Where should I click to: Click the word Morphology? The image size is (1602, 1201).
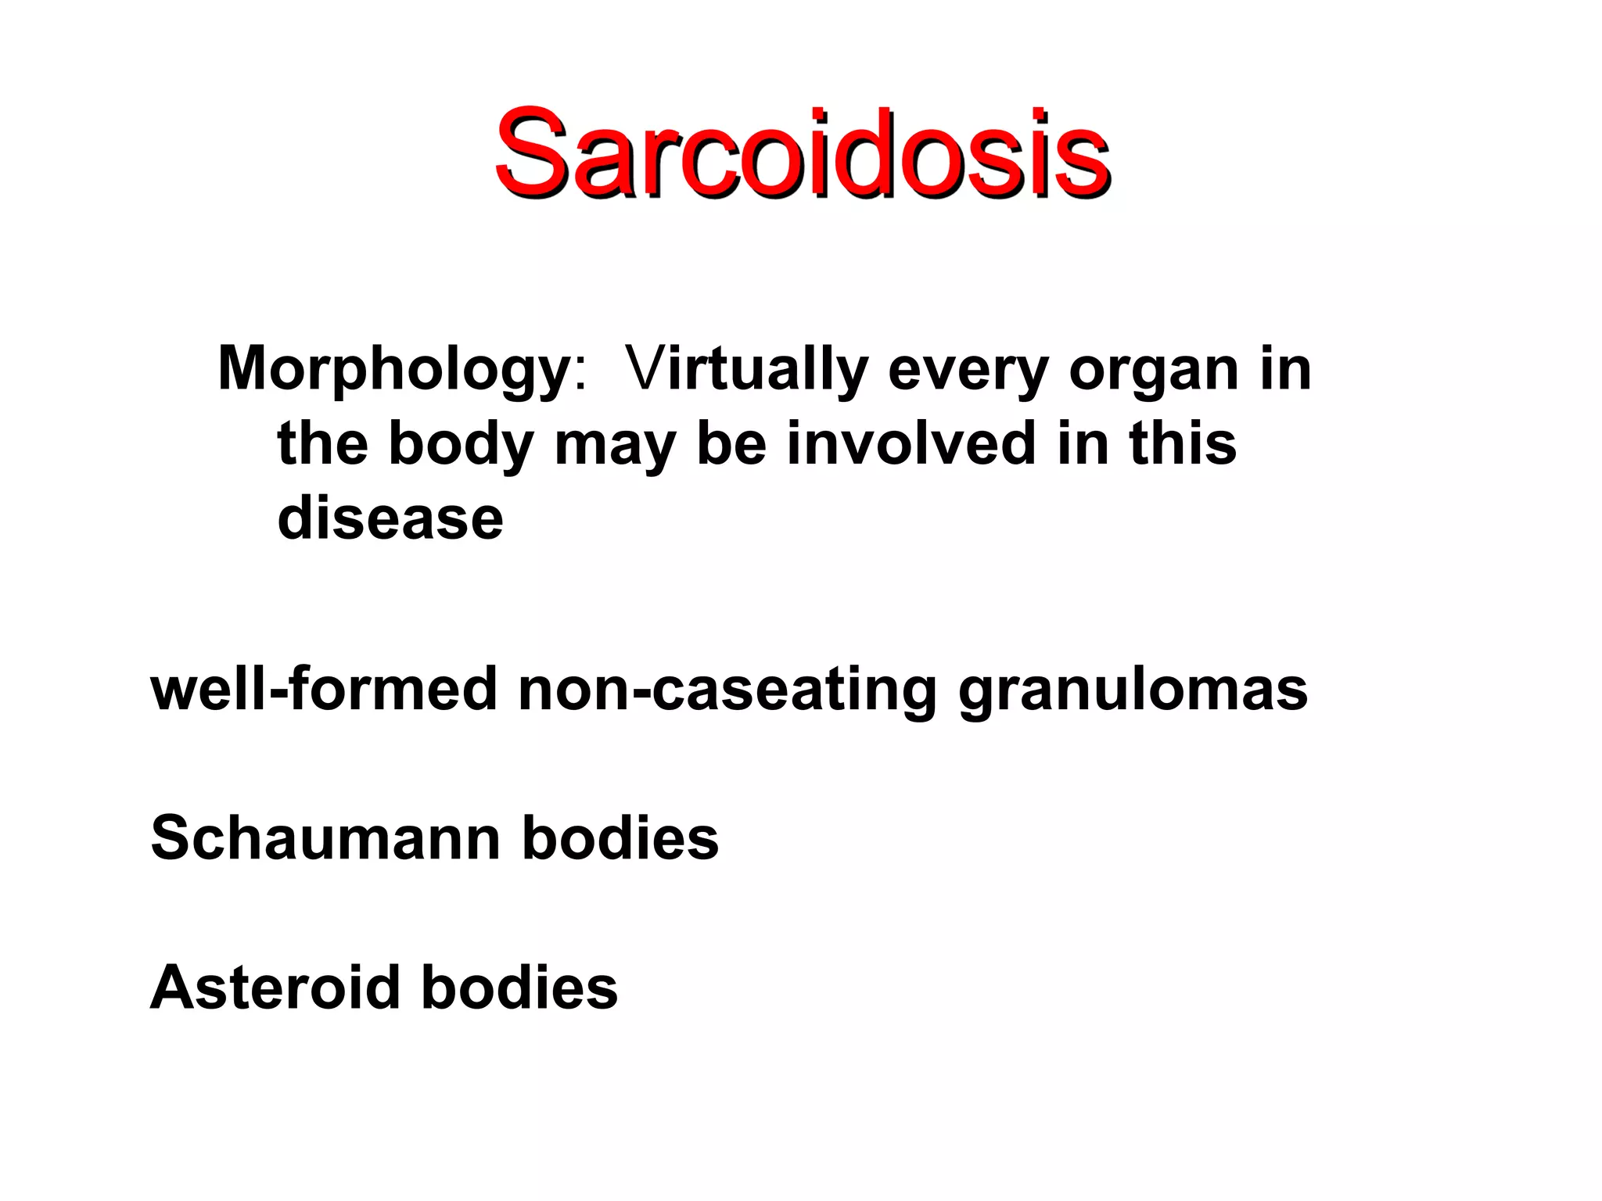point(393,369)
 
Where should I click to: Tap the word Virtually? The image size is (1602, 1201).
point(747,369)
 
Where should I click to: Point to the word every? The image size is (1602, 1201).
point(968,369)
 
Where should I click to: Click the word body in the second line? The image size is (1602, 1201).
point(460,443)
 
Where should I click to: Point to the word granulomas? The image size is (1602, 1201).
point(1133,689)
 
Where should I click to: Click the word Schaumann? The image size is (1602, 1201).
point(325,838)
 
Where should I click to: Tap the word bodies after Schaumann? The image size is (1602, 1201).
point(620,838)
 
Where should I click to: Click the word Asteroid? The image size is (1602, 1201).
point(275,988)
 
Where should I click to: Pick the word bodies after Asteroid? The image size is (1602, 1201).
point(519,988)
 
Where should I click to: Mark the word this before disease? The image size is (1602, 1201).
point(1183,443)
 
